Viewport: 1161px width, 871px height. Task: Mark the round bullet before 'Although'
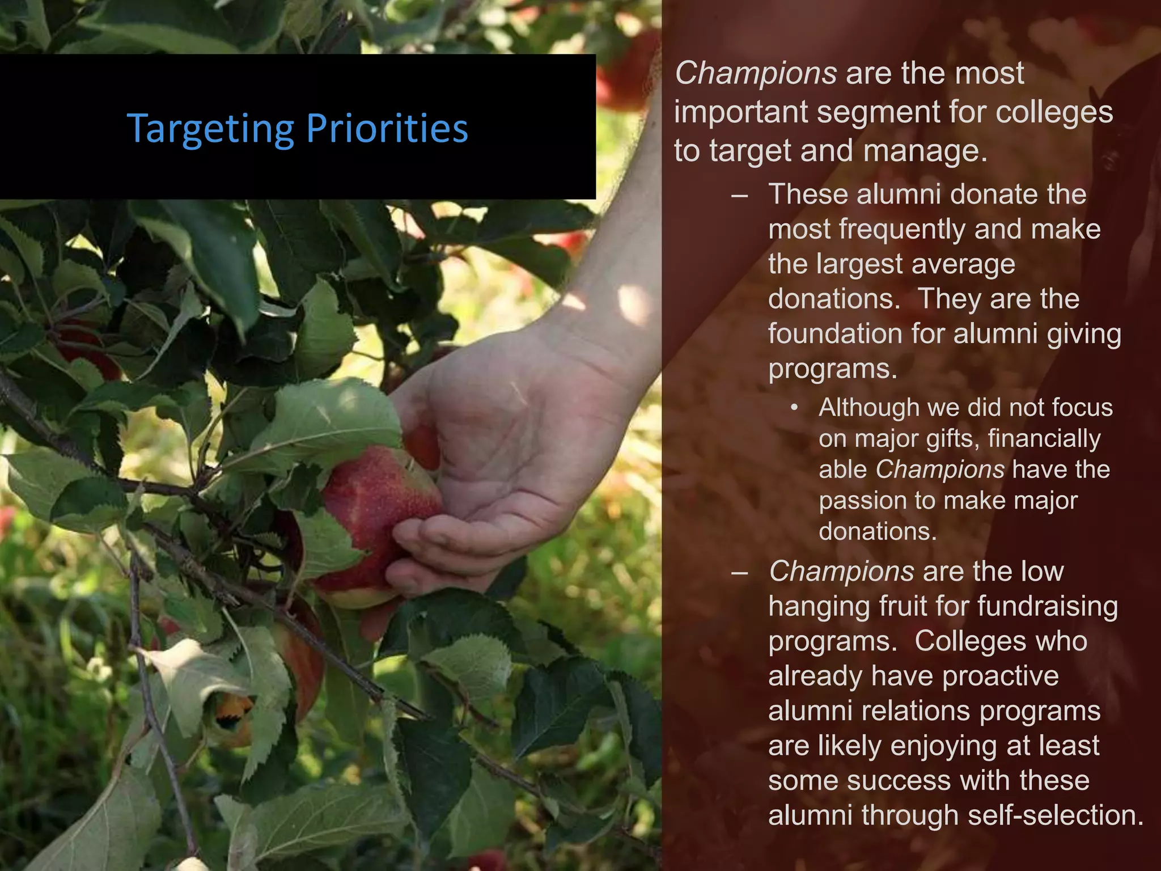pos(795,408)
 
